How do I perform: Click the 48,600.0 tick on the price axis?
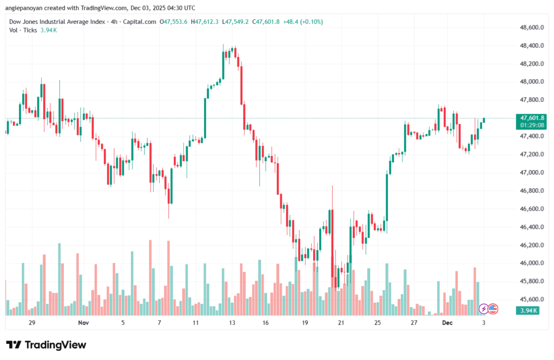click(531, 27)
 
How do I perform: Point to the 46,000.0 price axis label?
click(531, 263)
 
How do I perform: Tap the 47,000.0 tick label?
click(531, 173)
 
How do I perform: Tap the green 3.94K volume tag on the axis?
click(527, 310)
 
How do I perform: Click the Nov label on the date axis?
click(83, 323)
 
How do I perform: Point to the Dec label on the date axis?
click(447, 323)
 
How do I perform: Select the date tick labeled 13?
click(232, 323)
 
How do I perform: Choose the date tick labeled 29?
click(32, 323)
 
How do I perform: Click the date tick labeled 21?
click(341, 323)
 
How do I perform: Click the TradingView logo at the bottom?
click(46, 345)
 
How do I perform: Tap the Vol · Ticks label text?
click(23, 30)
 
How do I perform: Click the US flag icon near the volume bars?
click(493, 309)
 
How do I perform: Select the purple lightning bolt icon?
click(484, 309)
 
